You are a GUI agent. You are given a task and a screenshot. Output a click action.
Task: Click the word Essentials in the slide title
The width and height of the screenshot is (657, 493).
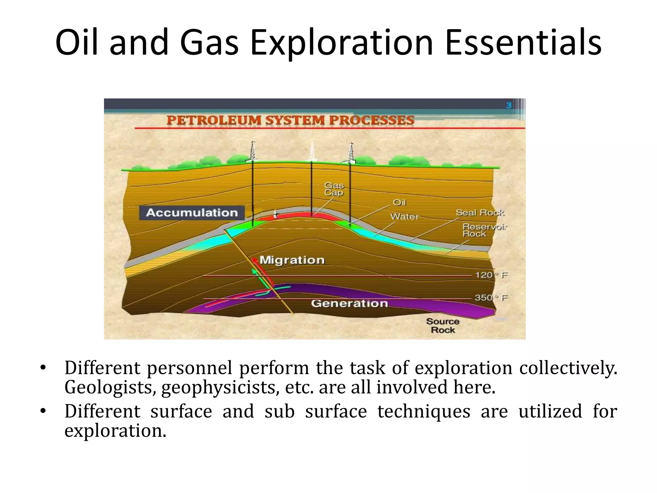pos(523,43)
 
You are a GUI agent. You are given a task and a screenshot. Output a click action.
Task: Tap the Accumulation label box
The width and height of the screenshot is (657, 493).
pos(192,212)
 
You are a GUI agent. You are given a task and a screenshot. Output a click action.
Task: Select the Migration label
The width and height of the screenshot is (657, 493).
pos(292,260)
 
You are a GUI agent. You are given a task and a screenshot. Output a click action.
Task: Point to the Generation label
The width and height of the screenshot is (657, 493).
pos(349,303)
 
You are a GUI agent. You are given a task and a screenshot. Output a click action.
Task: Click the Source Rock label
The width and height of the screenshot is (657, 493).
pos(443,325)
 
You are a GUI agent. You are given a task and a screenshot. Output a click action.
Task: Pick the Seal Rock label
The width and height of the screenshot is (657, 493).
pos(480,212)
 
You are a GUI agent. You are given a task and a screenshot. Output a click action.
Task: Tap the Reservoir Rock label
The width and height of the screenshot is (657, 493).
pos(484,230)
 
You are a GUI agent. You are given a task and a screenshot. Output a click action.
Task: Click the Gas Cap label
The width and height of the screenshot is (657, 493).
pos(334,189)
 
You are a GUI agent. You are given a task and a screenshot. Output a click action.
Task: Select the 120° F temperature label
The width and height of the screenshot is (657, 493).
pos(491,275)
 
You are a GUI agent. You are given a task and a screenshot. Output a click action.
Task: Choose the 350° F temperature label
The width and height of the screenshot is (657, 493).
pos(491,298)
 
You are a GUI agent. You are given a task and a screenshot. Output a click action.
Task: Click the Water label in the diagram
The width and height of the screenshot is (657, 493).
pos(404,217)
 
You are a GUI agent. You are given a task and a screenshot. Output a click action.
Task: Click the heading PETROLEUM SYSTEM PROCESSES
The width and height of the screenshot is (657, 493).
pos(290,120)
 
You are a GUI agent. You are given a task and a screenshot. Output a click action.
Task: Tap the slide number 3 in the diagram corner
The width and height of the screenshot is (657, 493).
pos(509,105)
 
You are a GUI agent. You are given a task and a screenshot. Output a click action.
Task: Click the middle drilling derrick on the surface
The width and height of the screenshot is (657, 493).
pos(311,152)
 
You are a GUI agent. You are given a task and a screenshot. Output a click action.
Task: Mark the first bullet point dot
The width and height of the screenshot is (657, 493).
pos(43,368)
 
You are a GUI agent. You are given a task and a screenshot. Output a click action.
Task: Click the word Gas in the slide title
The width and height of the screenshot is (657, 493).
pos(209,43)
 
